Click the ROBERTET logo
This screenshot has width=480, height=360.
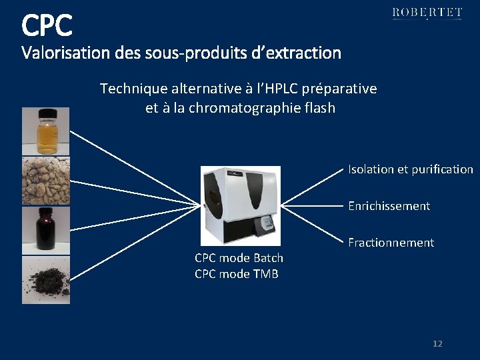click(x=427, y=13)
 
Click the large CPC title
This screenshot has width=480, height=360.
click(x=47, y=25)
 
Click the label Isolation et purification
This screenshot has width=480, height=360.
click(x=410, y=169)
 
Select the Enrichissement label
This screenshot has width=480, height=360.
click(x=389, y=206)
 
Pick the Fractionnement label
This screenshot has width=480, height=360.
click(x=391, y=243)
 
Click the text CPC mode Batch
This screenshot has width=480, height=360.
click(x=239, y=258)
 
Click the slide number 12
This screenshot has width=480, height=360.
click(x=437, y=344)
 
